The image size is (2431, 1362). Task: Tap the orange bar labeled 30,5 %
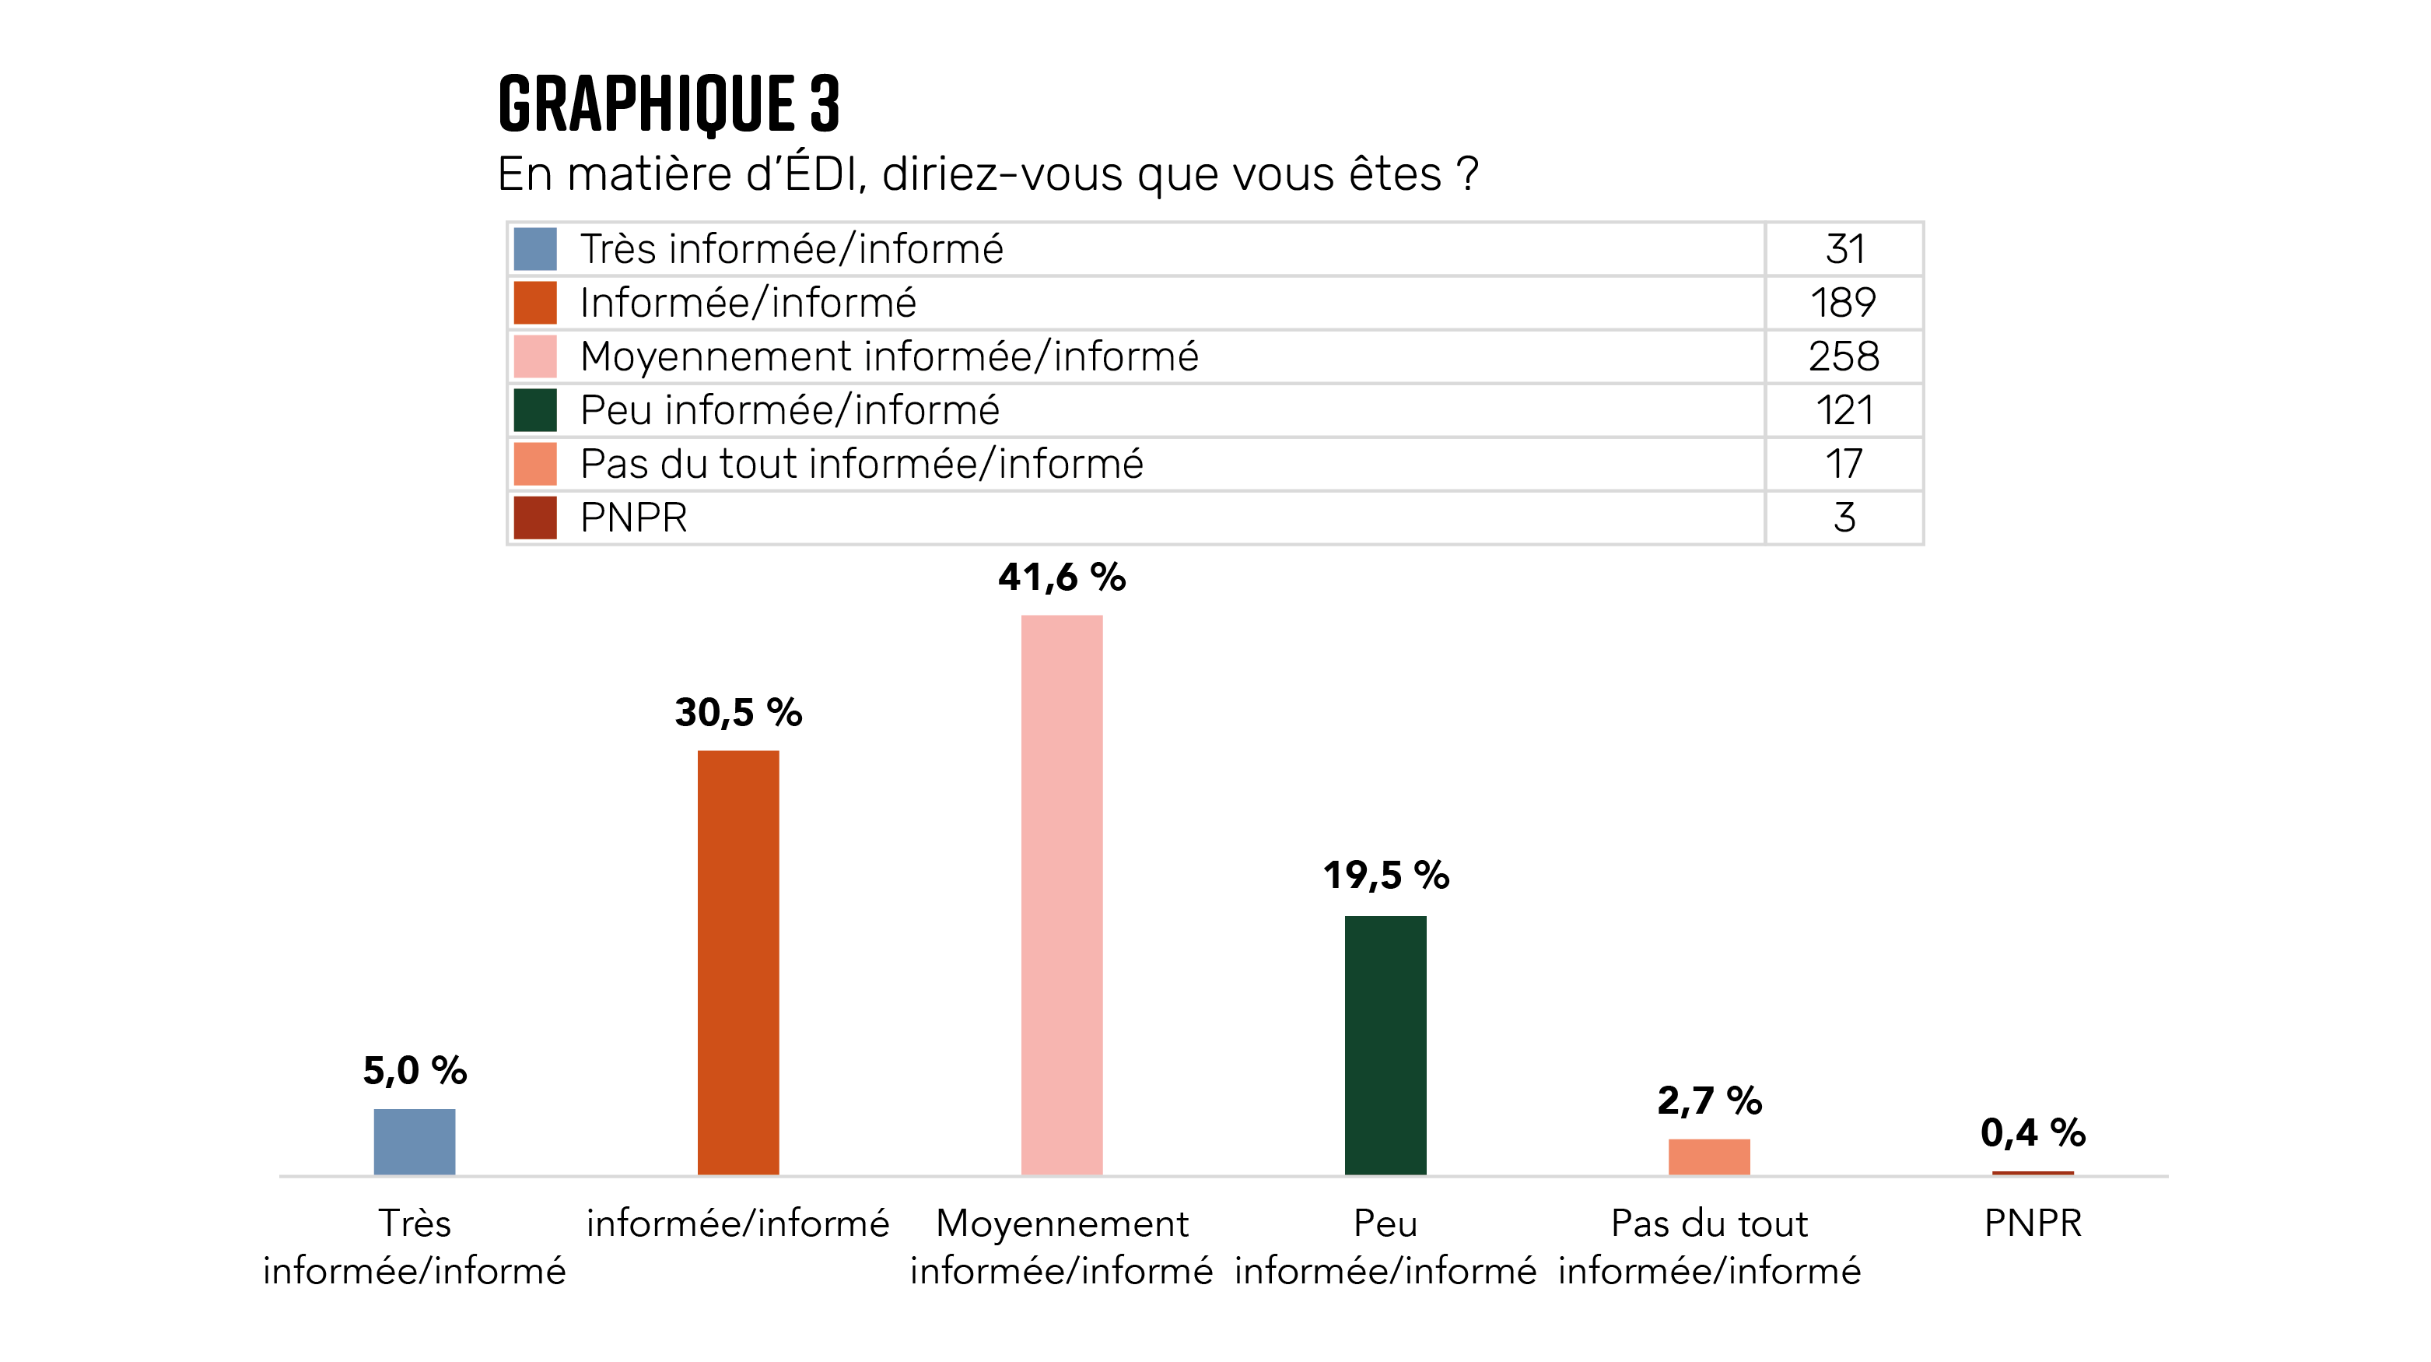738,962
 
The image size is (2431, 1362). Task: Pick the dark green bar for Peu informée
1385,1045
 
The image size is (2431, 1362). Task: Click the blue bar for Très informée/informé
415,1141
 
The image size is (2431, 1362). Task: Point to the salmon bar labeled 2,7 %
1709,1157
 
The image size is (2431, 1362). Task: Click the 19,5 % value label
1385,876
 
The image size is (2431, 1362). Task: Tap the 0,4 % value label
2033,1132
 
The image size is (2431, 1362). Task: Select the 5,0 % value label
415,1071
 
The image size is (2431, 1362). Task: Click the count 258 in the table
1844,356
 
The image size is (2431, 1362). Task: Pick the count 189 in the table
1844,303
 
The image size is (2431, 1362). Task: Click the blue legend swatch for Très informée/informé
535,249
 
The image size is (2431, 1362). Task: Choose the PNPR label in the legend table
633,518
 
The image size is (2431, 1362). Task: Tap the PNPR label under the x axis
2033,1223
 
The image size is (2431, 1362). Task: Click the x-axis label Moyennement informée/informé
1062,1247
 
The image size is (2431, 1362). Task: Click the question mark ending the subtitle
1467,174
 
